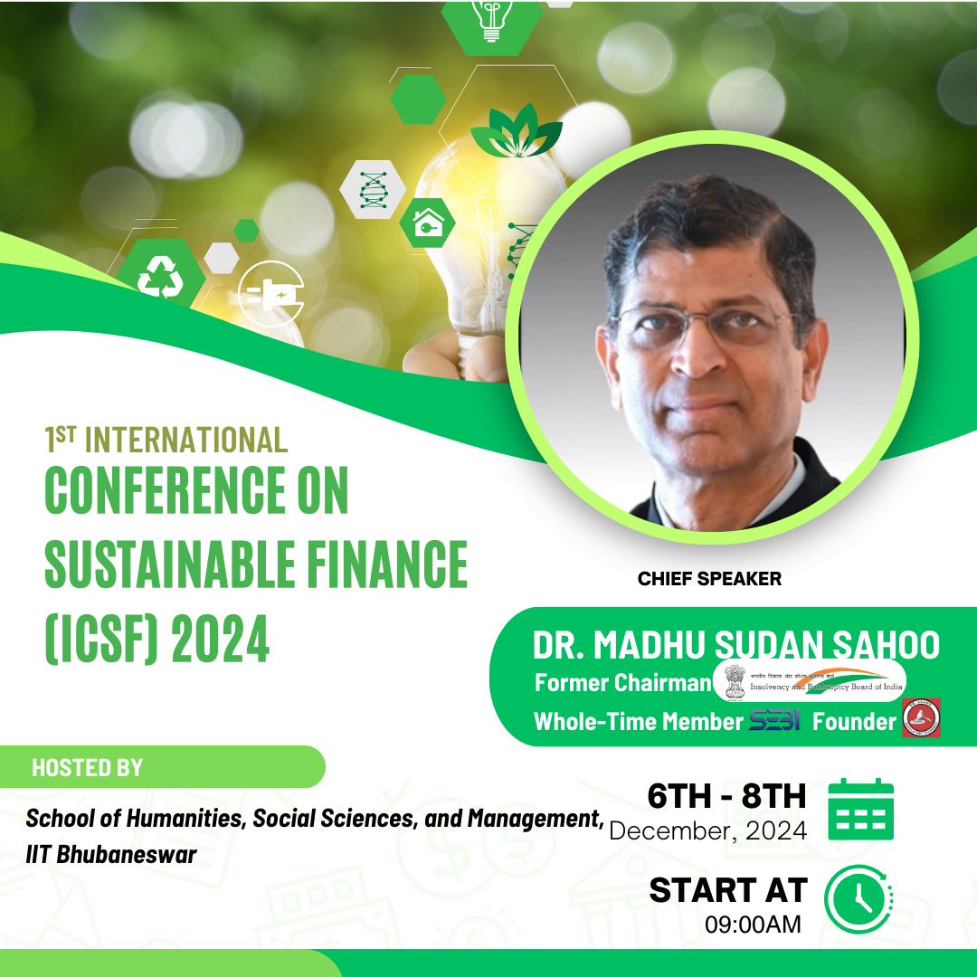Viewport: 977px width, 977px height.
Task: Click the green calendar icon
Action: tap(860, 809)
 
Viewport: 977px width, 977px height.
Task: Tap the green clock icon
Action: tap(858, 899)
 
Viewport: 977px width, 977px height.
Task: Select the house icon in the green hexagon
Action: tap(426, 223)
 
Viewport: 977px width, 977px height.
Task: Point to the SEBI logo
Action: tap(774, 721)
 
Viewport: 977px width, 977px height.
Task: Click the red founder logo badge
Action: tap(921, 717)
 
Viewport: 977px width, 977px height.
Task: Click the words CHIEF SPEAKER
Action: tap(709, 579)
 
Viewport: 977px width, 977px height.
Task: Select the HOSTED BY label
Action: tap(88, 768)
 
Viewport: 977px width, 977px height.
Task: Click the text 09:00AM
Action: tap(753, 925)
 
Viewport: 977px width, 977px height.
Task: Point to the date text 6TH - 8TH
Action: tap(726, 796)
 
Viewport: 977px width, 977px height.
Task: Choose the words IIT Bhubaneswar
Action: tap(111, 854)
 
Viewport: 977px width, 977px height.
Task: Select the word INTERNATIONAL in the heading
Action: tap(186, 441)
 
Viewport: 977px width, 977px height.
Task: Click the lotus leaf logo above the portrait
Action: tap(516, 130)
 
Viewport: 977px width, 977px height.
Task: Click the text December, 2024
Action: tap(708, 830)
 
